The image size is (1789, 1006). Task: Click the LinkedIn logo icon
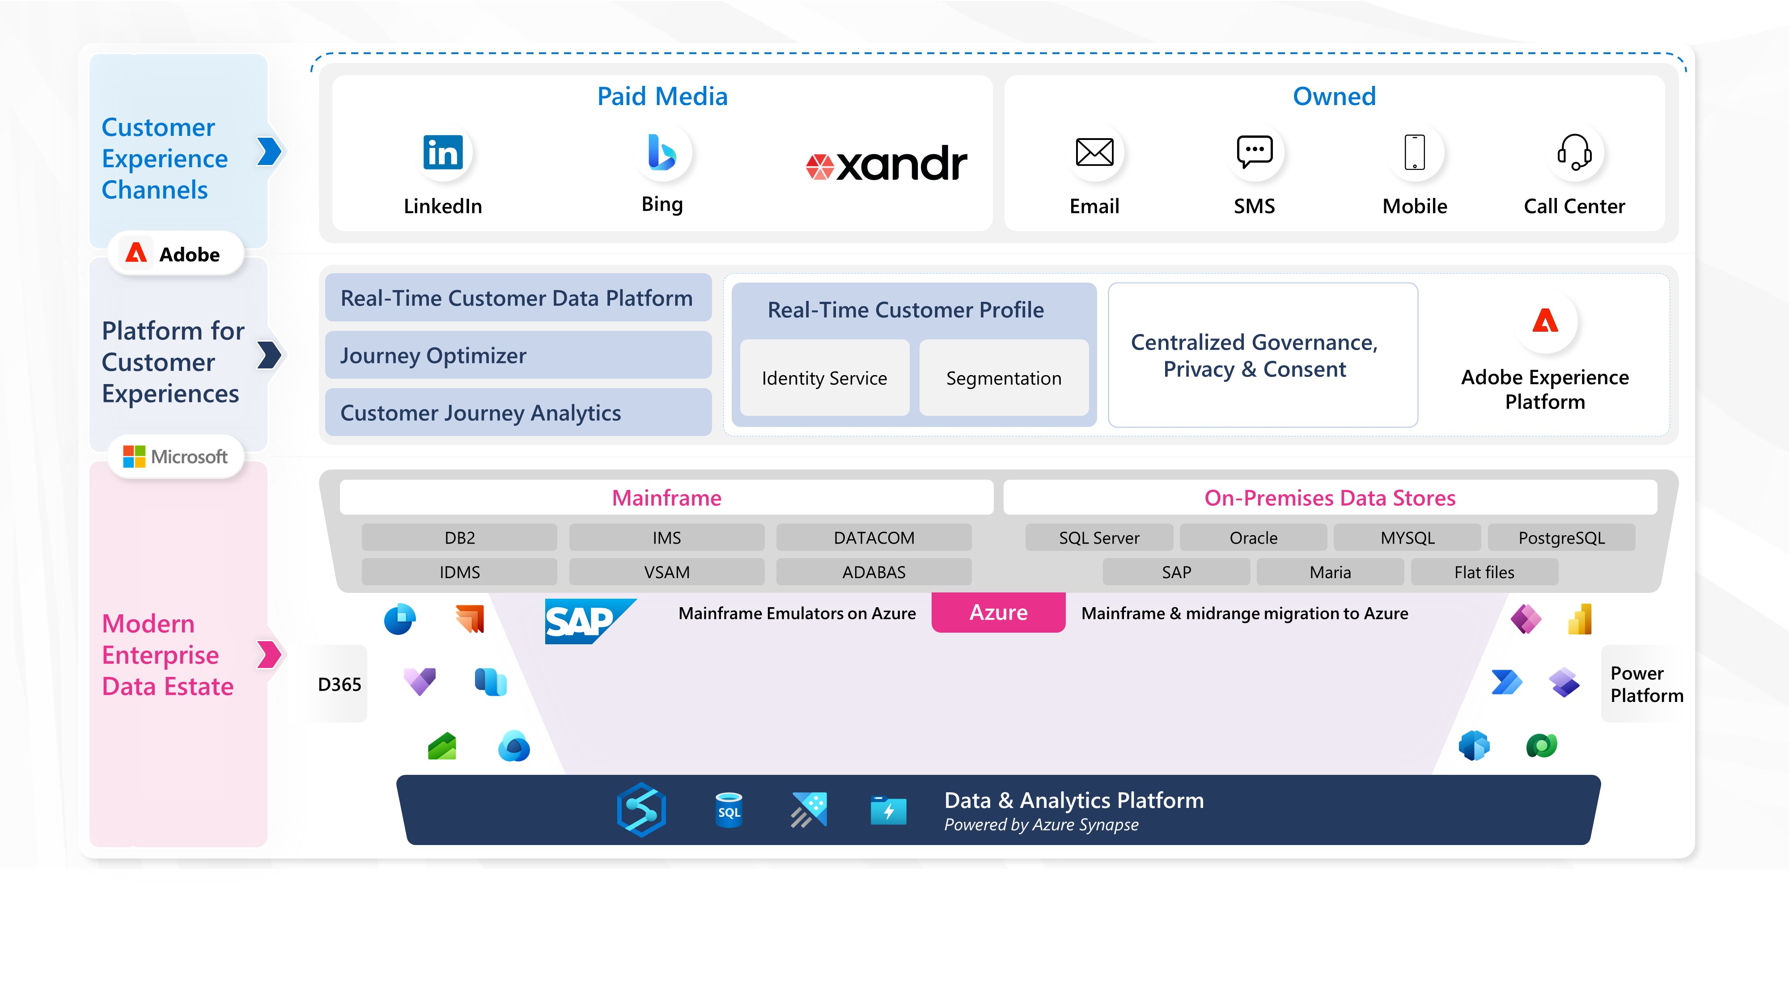point(443,153)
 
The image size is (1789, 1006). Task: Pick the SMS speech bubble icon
point(1254,152)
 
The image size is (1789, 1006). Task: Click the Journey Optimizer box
point(518,355)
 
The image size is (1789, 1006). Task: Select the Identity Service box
point(824,378)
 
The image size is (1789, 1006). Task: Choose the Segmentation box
point(1004,378)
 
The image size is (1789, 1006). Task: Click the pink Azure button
point(998,613)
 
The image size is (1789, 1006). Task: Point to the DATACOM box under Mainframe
point(873,538)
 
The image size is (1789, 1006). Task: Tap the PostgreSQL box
point(1561,538)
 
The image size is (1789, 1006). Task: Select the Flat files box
point(1484,572)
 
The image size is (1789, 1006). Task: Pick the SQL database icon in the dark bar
point(729,810)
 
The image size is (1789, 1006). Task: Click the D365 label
point(339,685)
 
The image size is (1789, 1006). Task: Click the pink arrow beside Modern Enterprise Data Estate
point(269,654)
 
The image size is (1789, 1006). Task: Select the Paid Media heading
point(662,97)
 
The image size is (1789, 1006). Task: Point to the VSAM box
point(667,572)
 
